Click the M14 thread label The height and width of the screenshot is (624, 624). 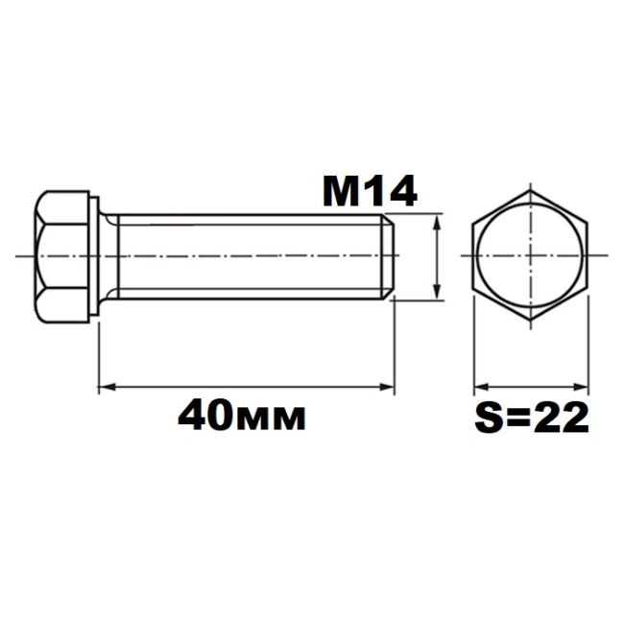371,192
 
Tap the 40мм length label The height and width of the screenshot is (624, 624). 242,417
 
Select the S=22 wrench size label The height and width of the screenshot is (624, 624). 532,417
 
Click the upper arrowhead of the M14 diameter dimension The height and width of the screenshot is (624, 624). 437,222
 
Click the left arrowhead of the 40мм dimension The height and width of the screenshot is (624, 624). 107,387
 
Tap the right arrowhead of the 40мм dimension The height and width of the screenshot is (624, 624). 387,387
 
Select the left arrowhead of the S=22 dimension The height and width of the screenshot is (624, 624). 481,387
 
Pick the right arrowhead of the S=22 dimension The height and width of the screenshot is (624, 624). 581,387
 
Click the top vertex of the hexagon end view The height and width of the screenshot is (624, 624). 531,191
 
